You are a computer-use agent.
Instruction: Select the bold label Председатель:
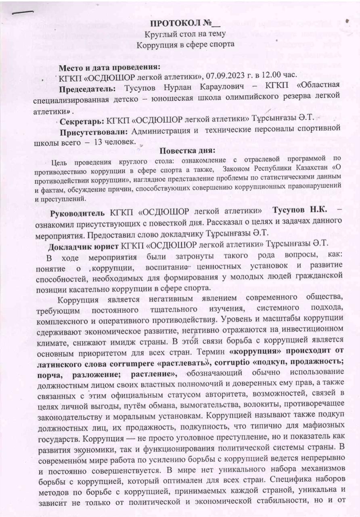coord(88,86)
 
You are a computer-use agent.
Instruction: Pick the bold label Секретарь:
coord(82,121)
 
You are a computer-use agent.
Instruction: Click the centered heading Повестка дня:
coord(187,151)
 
